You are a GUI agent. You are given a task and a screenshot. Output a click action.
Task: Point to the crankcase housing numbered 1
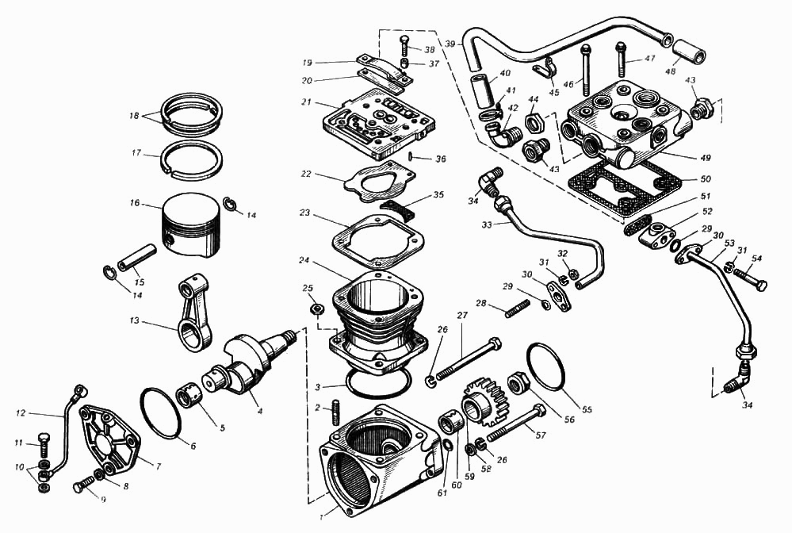tap(373, 460)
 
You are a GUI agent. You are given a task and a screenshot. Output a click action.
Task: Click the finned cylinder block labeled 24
tap(381, 317)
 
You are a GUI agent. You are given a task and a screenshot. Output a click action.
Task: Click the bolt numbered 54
tap(749, 278)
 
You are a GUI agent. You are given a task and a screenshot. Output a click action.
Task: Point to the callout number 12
tap(21, 413)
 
